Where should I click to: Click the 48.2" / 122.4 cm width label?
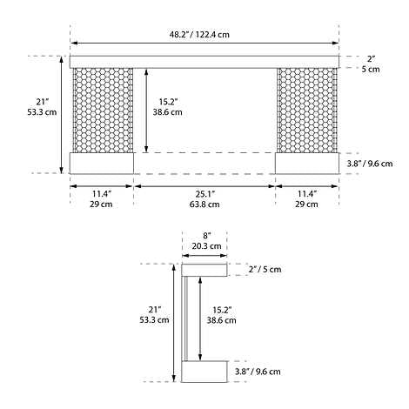205,35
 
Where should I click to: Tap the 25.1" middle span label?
205,192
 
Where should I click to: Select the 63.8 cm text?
205,204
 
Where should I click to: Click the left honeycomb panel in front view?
103,110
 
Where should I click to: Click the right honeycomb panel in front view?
306,110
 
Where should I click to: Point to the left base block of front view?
101,163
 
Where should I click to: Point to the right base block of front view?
306,163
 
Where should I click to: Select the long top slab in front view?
204,62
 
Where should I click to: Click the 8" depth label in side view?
205,235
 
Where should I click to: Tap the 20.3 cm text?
205,246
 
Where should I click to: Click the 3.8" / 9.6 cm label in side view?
258,371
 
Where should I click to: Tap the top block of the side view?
205,270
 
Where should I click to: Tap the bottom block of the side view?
205,371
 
